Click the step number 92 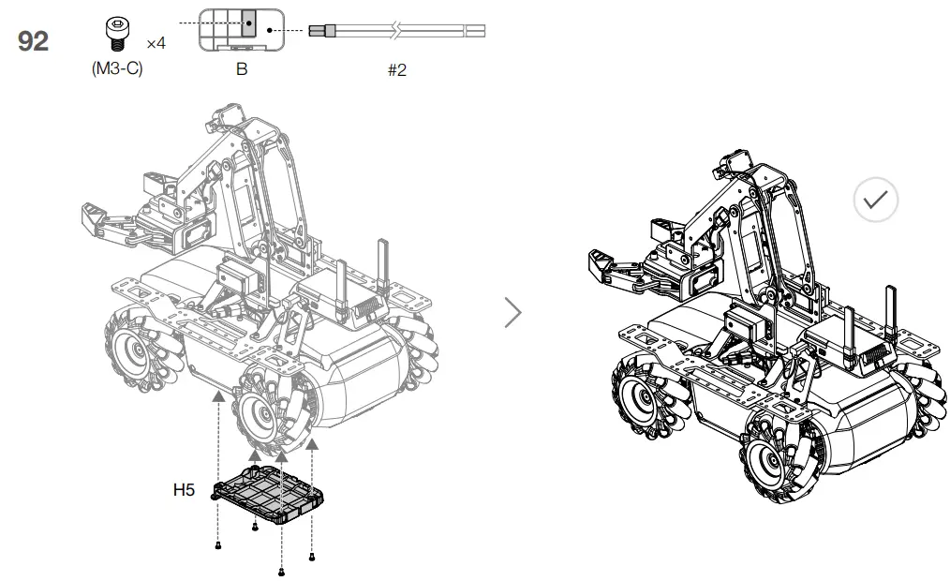(33, 42)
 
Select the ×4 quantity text (156, 43)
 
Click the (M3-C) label (117, 69)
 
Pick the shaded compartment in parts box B (248, 22)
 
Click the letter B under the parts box (242, 69)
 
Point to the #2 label (397, 70)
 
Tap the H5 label (186, 489)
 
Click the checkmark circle (876, 200)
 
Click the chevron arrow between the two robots (512, 312)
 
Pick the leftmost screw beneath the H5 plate (218, 544)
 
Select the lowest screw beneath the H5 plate (281, 570)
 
